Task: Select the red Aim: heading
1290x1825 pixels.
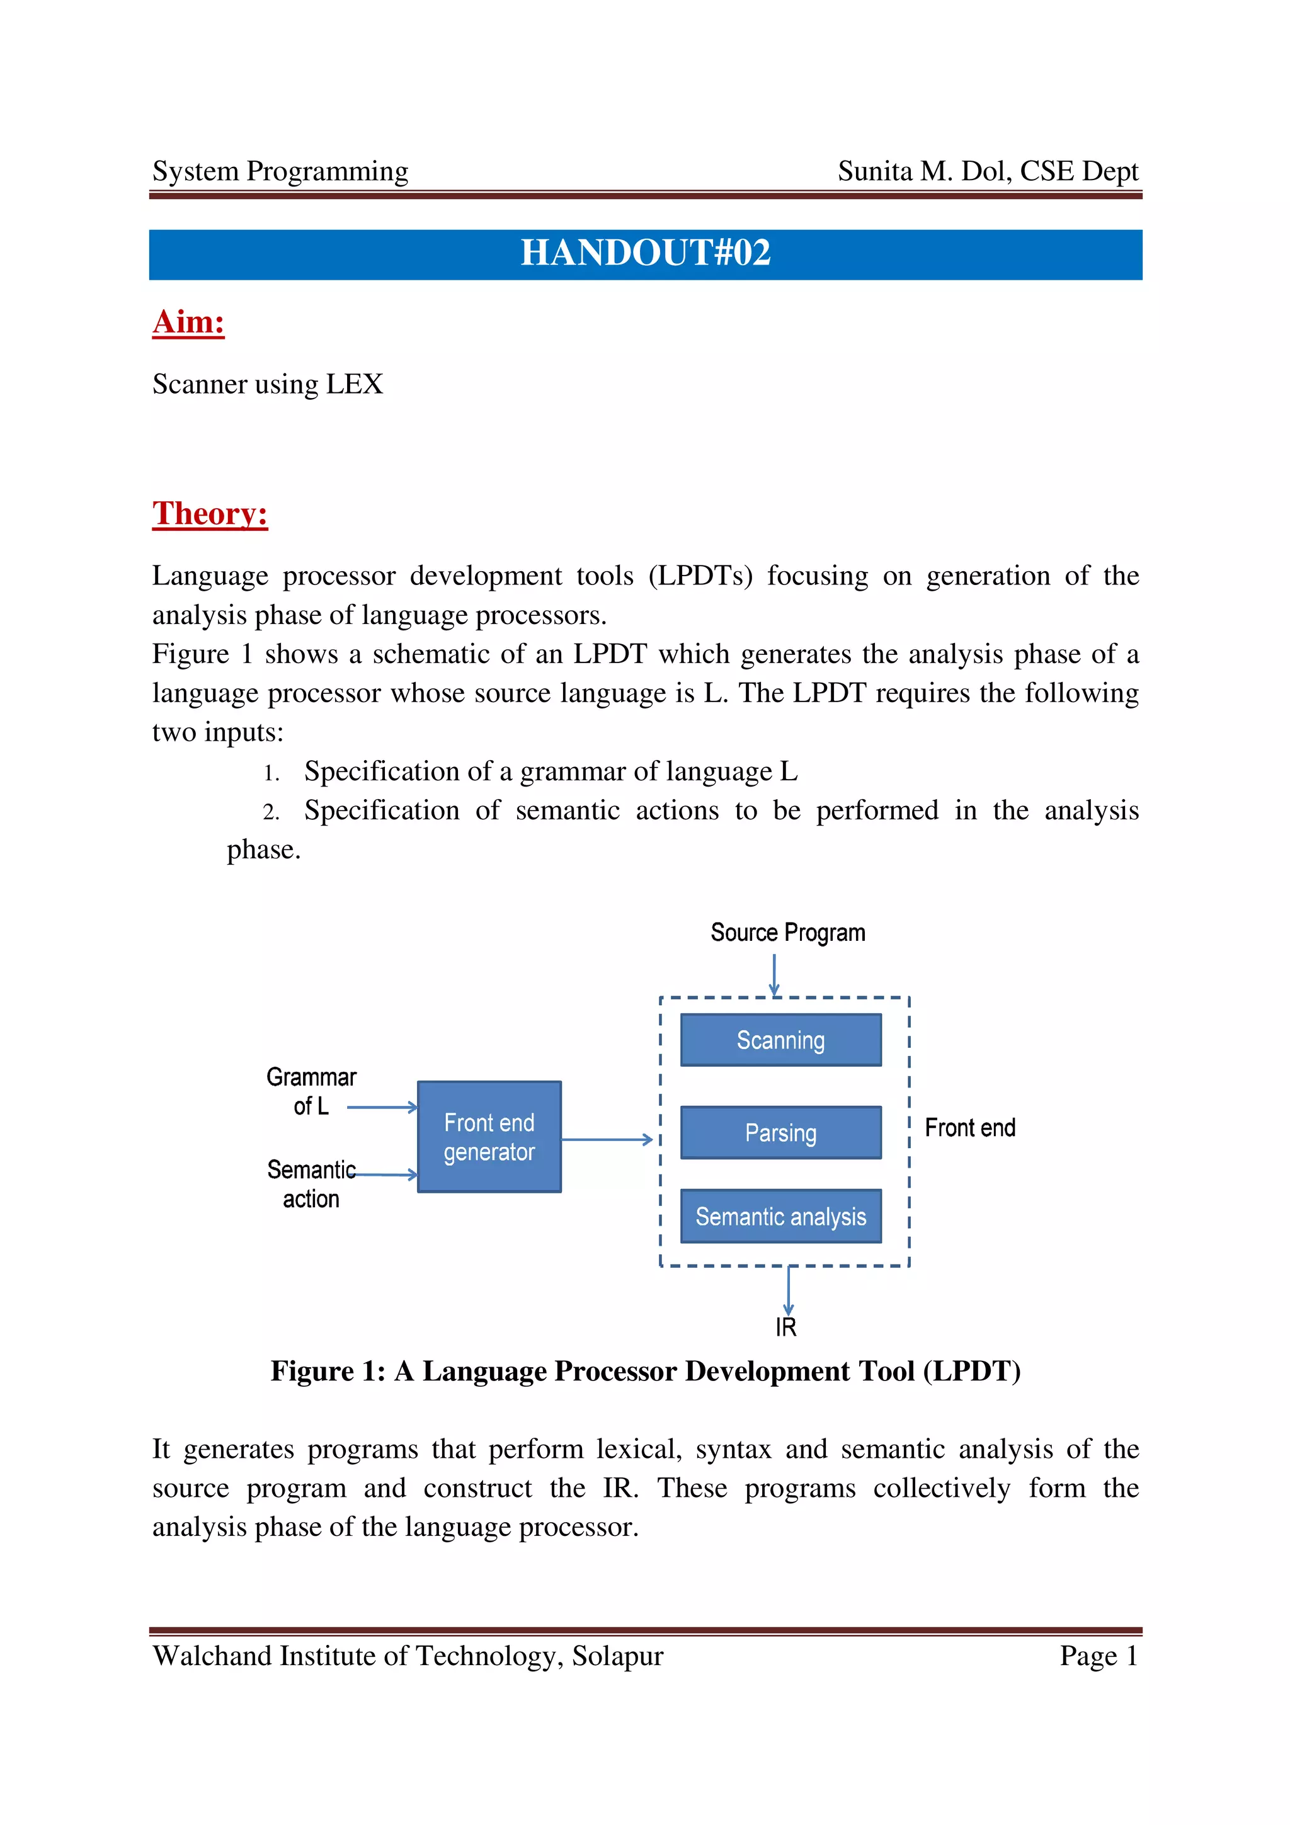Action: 188,322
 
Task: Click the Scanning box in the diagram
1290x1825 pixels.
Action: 780,1040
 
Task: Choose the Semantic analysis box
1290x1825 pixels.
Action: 780,1216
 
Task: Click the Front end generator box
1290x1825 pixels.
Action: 489,1137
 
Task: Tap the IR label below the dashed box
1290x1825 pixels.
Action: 785,1327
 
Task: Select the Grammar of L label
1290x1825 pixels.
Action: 311,1091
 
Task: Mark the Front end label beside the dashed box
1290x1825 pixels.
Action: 969,1128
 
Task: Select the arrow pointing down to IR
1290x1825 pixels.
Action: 788,1290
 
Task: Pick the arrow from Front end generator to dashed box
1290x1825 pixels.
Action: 607,1139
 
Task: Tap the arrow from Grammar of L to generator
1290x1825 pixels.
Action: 382,1106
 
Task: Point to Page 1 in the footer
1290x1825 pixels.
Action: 1099,1656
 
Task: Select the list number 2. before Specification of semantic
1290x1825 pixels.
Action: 271,812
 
